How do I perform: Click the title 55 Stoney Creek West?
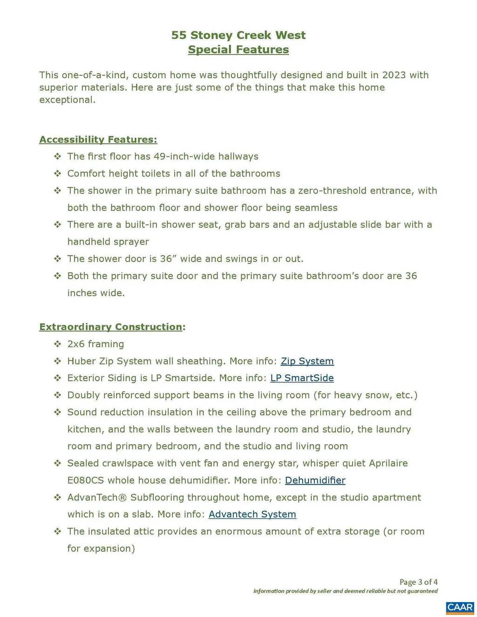pos(238,35)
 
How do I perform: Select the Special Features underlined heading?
pos(238,50)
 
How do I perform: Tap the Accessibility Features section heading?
pos(98,140)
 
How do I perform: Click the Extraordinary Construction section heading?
pos(111,327)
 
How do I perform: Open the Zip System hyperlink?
pos(307,361)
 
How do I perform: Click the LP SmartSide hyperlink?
pos(302,378)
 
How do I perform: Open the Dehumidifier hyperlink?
pos(315,481)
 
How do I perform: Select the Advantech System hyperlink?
pos(252,515)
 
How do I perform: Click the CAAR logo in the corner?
pos(460,607)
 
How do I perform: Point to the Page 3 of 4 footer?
pos(418,582)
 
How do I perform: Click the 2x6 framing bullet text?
pos(95,344)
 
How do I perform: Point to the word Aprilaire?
pos(388,463)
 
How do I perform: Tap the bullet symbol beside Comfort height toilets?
pos(57,174)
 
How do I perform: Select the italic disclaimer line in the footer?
pos(345,591)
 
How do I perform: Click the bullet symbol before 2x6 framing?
pos(57,344)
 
